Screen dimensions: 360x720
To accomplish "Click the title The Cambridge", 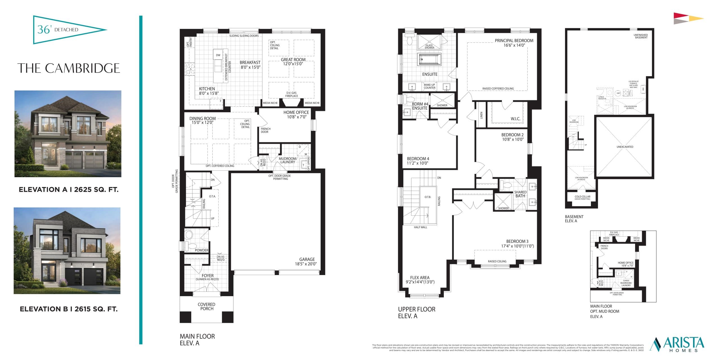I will click(x=69, y=68).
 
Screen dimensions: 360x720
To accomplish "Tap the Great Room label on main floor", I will click(x=293, y=62).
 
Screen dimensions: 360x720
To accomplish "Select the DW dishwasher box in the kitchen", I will click(x=218, y=55).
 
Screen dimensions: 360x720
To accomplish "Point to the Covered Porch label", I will click(x=206, y=306).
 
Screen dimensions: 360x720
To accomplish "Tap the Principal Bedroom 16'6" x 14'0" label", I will click(x=514, y=43).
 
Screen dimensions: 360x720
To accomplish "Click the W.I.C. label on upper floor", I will click(x=515, y=119).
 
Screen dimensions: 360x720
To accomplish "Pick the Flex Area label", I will click(x=420, y=280).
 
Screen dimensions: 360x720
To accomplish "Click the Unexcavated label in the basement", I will click(x=625, y=147).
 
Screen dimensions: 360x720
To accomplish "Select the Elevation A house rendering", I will click(x=68, y=134).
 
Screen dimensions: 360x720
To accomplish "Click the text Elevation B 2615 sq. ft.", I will click(x=69, y=309).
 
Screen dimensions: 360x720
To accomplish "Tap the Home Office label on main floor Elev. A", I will click(x=296, y=114).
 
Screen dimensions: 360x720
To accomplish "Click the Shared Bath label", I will click(x=520, y=194).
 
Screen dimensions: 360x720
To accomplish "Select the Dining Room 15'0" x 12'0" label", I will click(x=202, y=120).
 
